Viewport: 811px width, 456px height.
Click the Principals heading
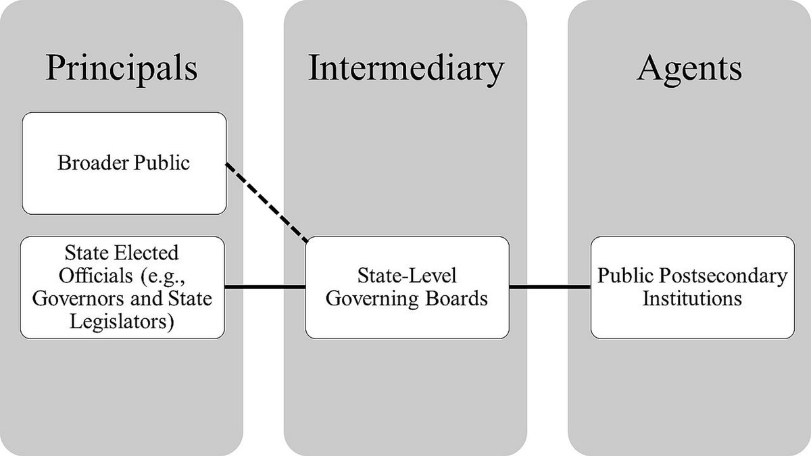(122, 68)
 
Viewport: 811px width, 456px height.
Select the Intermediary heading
(405, 68)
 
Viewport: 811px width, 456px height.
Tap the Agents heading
(689, 68)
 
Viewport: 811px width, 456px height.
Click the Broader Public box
(123, 163)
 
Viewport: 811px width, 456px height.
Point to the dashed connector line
(267, 203)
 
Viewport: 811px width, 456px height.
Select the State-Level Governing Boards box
(406, 287)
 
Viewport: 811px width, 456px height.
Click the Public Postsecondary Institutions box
(692, 287)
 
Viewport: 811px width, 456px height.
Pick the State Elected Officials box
(122, 287)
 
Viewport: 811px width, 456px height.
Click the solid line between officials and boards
(265, 288)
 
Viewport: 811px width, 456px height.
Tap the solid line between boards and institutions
(549, 288)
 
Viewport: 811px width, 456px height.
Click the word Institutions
(691, 299)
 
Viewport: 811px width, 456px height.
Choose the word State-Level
(407, 276)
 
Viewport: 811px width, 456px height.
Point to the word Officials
(91, 276)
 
